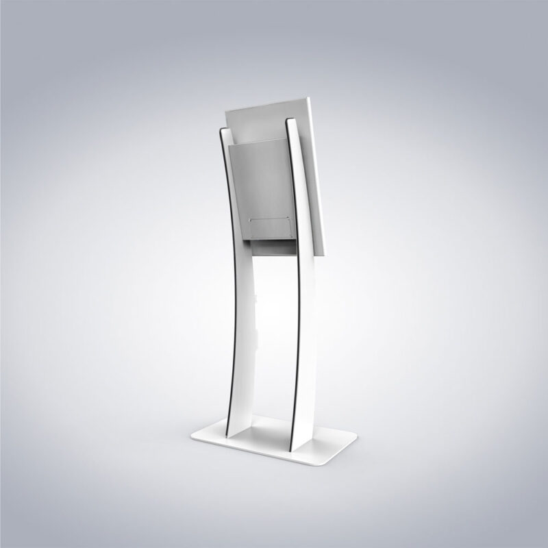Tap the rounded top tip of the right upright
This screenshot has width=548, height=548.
(x=290, y=121)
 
